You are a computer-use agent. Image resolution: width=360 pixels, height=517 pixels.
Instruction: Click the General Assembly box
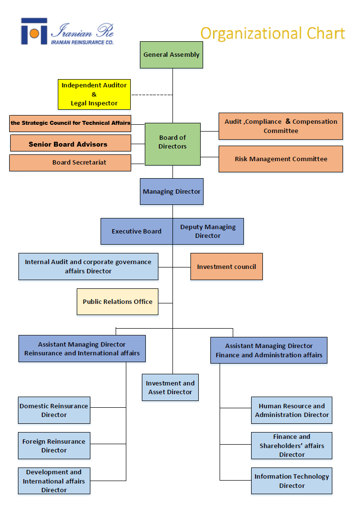tap(171, 55)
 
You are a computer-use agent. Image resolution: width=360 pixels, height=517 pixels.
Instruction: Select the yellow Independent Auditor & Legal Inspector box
tap(94, 94)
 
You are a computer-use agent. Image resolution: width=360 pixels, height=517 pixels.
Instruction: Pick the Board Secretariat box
tap(70, 163)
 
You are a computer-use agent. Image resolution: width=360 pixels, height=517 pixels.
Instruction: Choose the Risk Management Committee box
tap(281, 159)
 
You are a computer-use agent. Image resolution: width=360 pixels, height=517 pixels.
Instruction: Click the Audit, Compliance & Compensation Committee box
tap(281, 126)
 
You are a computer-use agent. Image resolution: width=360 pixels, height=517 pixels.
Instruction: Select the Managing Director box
tap(171, 191)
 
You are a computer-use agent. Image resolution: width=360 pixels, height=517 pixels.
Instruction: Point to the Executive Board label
tap(137, 232)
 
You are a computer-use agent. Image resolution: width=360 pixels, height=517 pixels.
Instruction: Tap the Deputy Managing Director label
tap(208, 231)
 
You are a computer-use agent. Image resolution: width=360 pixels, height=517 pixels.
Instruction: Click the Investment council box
tap(226, 267)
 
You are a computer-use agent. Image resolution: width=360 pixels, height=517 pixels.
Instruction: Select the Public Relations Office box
tap(118, 301)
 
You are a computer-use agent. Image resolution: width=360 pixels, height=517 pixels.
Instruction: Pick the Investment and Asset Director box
tap(170, 387)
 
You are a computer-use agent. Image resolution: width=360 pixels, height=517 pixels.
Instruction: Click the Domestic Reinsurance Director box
tap(54, 410)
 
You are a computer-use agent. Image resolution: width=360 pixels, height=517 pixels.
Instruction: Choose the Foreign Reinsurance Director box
tap(54, 446)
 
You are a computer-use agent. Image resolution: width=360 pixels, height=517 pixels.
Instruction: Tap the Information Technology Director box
tap(291, 481)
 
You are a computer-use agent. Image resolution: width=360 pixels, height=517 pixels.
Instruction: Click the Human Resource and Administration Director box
tap(291, 410)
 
